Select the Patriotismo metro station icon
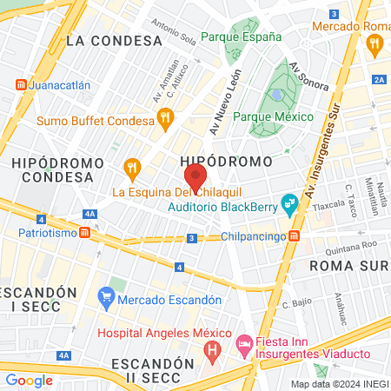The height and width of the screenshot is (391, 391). click(x=84, y=233)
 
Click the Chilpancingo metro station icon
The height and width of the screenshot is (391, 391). click(x=295, y=236)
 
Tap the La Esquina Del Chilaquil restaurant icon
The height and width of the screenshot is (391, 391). click(x=132, y=167)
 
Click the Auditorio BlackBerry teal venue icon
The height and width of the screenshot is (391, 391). click(x=289, y=208)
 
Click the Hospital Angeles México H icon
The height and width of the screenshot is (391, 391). click(x=211, y=350)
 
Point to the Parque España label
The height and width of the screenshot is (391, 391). click(x=241, y=36)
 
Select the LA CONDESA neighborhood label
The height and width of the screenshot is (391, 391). click(x=114, y=40)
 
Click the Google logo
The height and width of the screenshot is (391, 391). click(x=29, y=380)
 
